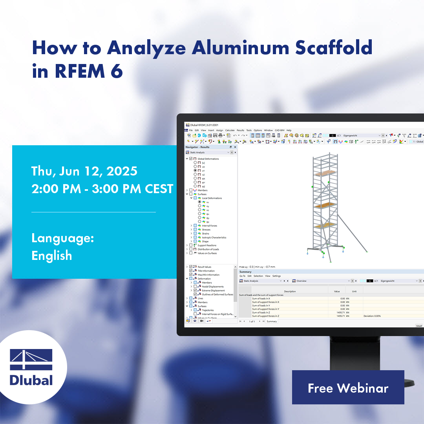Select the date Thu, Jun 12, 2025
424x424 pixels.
84,171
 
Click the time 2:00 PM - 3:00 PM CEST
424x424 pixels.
102,189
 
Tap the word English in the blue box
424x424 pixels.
52,256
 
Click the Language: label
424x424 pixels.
62,238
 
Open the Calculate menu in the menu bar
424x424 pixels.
230,130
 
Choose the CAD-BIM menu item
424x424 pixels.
280,130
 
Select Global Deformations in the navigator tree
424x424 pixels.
208,159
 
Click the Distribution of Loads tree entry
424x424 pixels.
208,249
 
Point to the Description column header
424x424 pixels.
290,291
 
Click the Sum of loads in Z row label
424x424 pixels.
266,313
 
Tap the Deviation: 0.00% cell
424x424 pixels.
372,316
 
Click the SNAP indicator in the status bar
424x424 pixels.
419,326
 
